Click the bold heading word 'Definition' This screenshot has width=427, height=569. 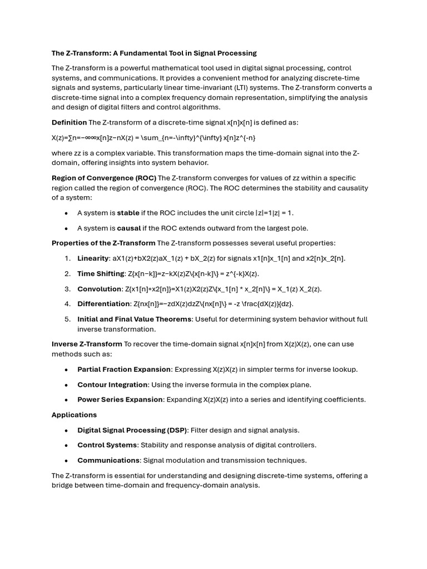coord(69,122)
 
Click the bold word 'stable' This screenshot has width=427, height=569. coord(128,213)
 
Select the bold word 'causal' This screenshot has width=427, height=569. coord(128,228)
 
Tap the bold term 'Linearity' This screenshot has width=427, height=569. coord(93,258)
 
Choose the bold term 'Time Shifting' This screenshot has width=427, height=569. coord(101,273)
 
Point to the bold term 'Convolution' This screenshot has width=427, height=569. coord(99,289)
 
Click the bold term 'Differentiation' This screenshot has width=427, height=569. coord(103,304)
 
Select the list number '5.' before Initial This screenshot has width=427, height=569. coord(67,319)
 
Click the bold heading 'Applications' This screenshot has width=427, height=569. coord(74,415)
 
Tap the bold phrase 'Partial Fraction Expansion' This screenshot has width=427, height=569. coord(124,370)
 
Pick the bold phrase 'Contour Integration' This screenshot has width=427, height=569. coord(113,385)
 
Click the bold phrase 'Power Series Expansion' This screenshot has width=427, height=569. coord(120,400)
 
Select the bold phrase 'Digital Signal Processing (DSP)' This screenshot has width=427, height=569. coord(132,430)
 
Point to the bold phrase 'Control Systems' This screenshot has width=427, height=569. coord(107,445)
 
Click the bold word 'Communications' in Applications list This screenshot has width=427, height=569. coord(108,460)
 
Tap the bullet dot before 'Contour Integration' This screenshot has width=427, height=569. coord(67,385)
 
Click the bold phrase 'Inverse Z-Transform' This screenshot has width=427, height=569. coord(87,344)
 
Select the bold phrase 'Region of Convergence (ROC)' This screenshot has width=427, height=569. coord(103,178)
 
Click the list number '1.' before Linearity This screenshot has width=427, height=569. coord(67,258)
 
